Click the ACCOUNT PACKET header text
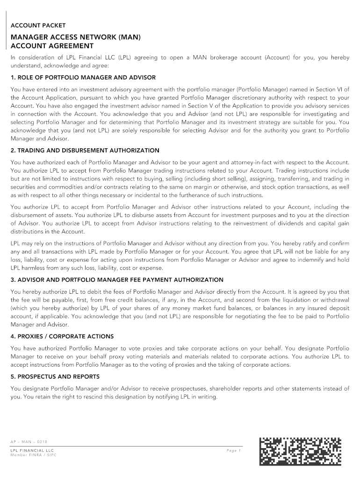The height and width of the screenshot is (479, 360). pyautogui.click(x=38, y=25)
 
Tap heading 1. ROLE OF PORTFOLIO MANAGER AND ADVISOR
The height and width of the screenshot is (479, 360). pyautogui.click(x=83, y=77)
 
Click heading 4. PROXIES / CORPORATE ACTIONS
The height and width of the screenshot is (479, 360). pyautogui.click(x=62, y=336)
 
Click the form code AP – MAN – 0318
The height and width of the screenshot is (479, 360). pyautogui.click(x=29, y=442)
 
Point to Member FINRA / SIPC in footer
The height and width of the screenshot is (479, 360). pyautogui.click(x=33, y=455)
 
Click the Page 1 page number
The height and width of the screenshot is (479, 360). pyautogui.click(x=233, y=450)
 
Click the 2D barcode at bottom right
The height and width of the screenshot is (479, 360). pyautogui.click(x=300, y=452)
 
